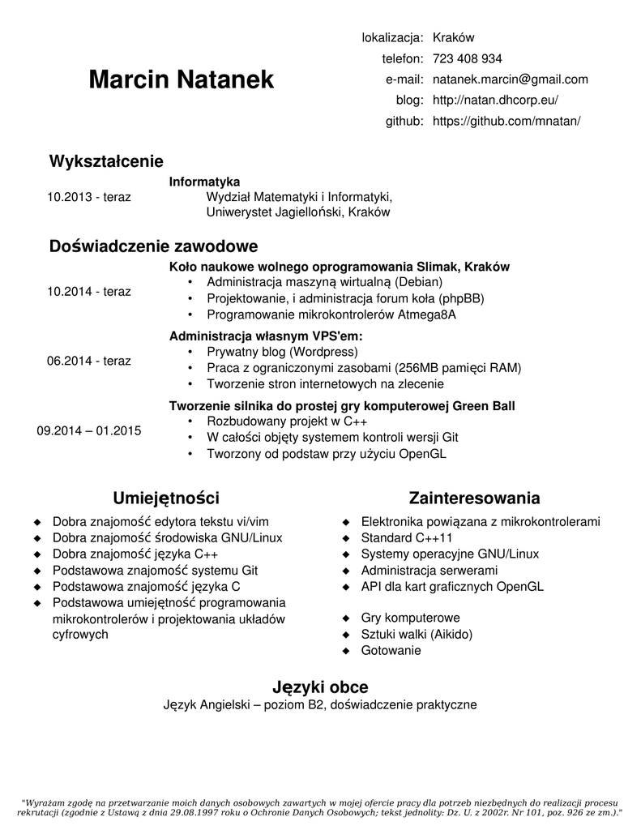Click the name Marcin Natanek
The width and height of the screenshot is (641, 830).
182,79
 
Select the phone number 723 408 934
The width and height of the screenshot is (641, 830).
467,58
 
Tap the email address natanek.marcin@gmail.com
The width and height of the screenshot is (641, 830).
510,79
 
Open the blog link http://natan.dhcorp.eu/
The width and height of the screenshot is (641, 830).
495,101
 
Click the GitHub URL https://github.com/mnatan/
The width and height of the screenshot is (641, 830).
506,122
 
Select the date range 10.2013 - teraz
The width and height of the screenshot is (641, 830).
89,197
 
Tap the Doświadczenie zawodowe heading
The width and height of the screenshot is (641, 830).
154,246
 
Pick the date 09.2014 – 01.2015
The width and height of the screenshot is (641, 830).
89,430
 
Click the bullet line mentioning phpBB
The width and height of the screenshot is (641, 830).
345,298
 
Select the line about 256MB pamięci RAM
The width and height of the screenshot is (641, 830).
364,368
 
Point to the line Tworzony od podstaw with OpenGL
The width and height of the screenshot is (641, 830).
327,454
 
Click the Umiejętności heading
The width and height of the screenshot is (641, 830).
166,497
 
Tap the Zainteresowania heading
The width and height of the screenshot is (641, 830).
474,497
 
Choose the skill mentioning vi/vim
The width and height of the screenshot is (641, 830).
160,521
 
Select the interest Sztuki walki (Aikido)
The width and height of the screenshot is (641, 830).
417,634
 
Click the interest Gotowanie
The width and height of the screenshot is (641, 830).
391,650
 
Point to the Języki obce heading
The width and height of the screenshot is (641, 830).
320,687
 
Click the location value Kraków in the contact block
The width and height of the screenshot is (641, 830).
453,37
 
